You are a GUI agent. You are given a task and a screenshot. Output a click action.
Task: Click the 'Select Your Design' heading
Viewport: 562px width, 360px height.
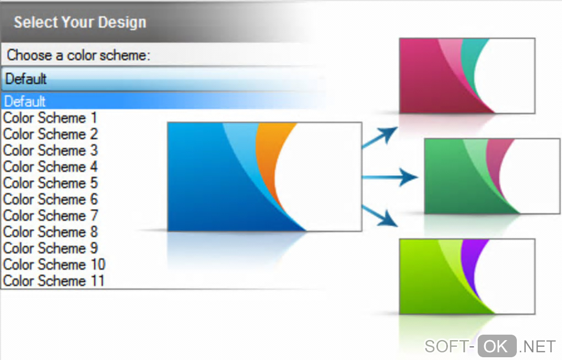coord(80,22)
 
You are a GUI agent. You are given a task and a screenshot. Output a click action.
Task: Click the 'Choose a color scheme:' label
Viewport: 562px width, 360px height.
coord(78,55)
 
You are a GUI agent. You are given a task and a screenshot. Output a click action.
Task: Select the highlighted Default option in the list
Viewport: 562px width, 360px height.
coord(25,101)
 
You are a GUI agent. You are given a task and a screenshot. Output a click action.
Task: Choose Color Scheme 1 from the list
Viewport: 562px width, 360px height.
coord(50,117)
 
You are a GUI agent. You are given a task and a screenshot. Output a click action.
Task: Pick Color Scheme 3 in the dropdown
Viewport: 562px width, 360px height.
coord(50,151)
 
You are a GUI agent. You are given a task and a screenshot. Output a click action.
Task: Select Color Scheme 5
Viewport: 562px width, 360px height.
coord(50,183)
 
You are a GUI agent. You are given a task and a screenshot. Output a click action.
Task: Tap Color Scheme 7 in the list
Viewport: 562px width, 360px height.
coord(50,216)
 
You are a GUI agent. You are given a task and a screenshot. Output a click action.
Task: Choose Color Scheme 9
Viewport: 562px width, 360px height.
coord(50,248)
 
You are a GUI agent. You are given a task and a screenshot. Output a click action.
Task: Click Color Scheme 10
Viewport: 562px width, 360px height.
coord(54,264)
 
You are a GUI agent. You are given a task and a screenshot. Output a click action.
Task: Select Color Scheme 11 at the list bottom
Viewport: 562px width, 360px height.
coord(54,281)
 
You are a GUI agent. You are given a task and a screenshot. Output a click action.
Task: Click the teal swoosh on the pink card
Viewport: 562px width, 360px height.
coord(469,65)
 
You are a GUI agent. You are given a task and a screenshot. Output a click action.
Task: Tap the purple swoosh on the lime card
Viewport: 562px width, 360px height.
coord(469,265)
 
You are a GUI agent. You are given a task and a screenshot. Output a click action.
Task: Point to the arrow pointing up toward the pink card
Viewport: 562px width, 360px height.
coord(380,137)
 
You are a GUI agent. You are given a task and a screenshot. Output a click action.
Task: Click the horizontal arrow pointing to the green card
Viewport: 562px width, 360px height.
coord(390,177)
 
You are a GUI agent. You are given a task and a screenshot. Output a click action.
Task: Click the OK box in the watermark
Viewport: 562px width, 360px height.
coord(497,346)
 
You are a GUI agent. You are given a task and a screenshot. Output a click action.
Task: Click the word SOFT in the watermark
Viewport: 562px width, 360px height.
coord(446,347)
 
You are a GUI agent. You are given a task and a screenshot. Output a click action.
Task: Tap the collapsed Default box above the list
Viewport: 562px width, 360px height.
coord(163,79)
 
